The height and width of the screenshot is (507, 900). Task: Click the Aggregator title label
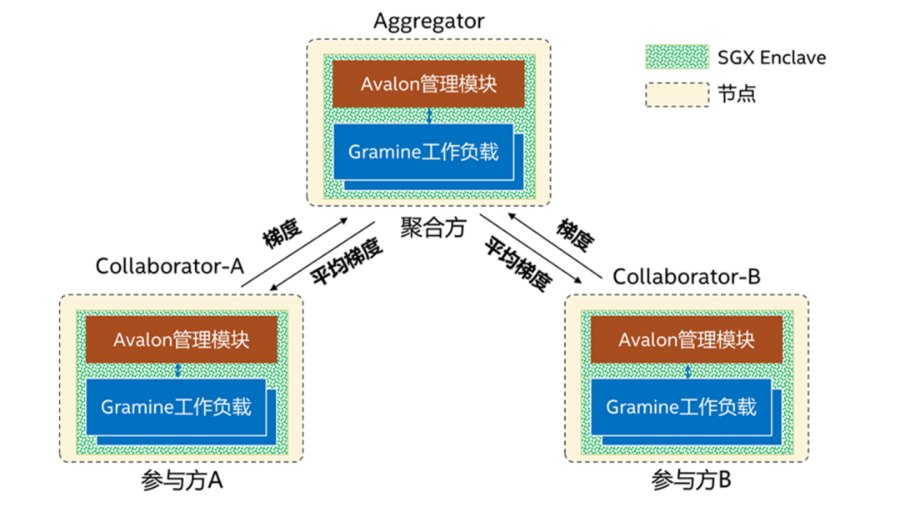pos(428,21)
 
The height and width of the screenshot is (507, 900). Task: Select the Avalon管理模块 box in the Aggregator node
pos(428,84)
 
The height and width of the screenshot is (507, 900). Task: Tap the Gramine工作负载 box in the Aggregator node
pos(423,152)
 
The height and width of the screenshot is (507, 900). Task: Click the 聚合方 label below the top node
pos(432,228)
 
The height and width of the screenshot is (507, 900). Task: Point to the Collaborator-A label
pos(169,266)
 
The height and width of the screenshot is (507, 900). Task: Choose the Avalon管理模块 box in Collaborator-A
pos(182,340)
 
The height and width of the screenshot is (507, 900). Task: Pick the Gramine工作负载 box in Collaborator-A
pos(176,407)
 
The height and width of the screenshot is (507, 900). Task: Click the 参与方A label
pos(182,481)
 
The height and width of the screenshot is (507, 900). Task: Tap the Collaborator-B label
pos(687,276)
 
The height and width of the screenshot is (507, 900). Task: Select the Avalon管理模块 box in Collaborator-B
pos(687,340)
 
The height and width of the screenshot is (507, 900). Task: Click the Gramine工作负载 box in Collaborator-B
pos(681,407)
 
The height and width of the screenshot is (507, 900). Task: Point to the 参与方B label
pos(692,481)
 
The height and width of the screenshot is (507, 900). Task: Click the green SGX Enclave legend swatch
pos(677,58)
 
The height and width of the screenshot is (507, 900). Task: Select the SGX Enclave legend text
pos(772,58)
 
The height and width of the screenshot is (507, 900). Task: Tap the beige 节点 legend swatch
pos(677,93)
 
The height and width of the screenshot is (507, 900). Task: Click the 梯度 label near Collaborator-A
pos(282,235)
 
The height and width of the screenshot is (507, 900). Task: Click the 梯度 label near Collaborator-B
pos(576,236)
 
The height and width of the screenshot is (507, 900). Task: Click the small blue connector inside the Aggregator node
pos(428,115)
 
